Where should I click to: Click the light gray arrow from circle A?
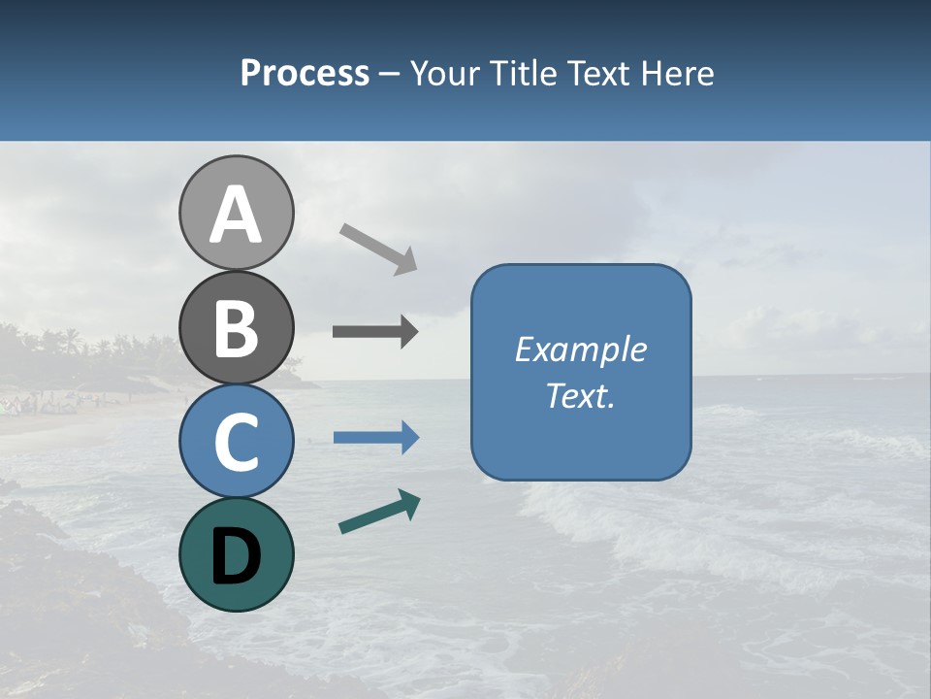[378, 248]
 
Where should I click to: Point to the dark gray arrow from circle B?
[375, 332]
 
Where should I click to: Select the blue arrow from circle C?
[376, 438]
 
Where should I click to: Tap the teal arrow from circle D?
[379, 512]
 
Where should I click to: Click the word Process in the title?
[305, 73]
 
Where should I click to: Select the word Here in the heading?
[678, 73]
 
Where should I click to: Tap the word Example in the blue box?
[580, 349]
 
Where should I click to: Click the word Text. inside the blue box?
[580, 396]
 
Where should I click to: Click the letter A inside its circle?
[236, 215]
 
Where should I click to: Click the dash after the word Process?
[389, 75]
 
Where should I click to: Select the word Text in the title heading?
[597, 73]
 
